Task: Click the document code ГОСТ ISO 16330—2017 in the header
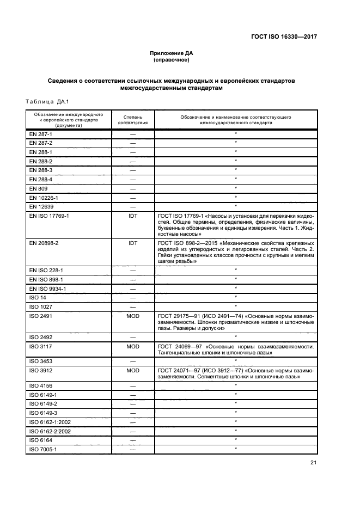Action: tap(284, 38)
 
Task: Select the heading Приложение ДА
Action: tap(172, 53)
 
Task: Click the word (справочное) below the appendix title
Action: tap(172, 60)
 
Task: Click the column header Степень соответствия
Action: tap(132, 120)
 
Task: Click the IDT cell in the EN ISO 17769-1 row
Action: tap(132, 216)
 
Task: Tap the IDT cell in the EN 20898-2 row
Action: tap(132, 243)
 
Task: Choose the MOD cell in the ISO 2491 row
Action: tap(132, 316)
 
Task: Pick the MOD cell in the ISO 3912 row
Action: tap(132, 370)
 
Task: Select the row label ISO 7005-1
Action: tap(41, 449)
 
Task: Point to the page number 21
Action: tap(313, 463)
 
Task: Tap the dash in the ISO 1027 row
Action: tap(132, 306)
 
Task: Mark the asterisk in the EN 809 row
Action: tap(236, 188)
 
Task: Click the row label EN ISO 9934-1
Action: tap(47, 288)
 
